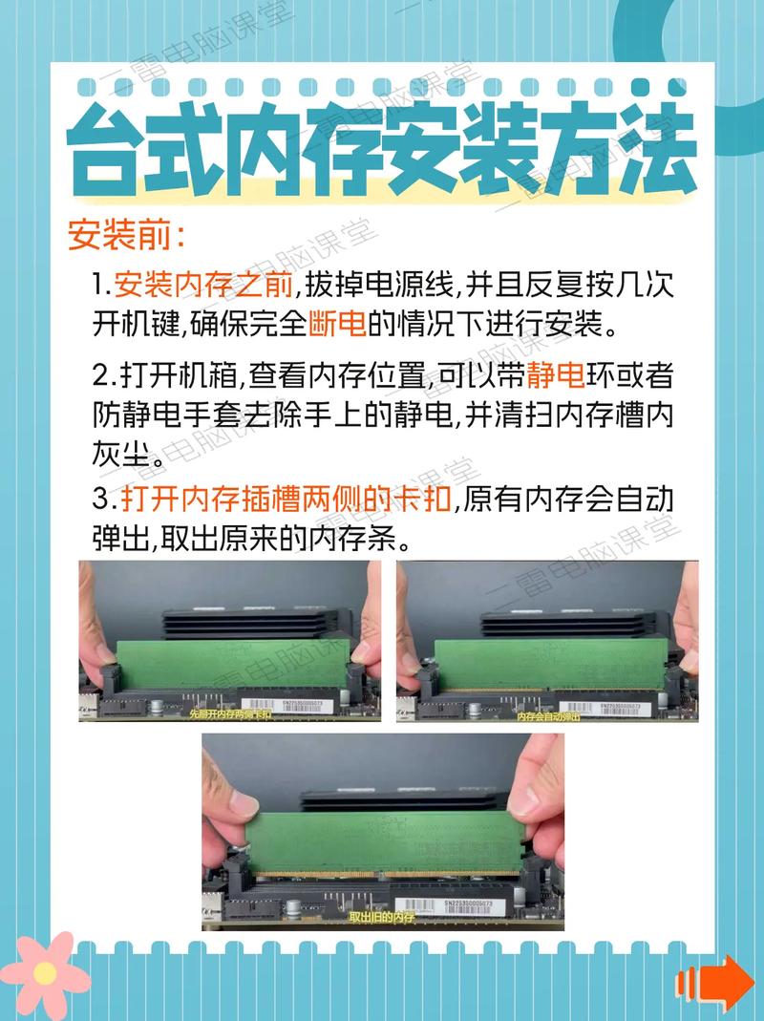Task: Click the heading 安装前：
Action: pos(126,234)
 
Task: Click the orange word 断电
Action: pos(338,326)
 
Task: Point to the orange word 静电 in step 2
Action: pos(554,375)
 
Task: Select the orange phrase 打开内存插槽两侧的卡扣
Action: pos(286,500)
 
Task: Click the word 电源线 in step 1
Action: pos(423,285)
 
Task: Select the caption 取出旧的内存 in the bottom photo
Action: pos(382,917)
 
